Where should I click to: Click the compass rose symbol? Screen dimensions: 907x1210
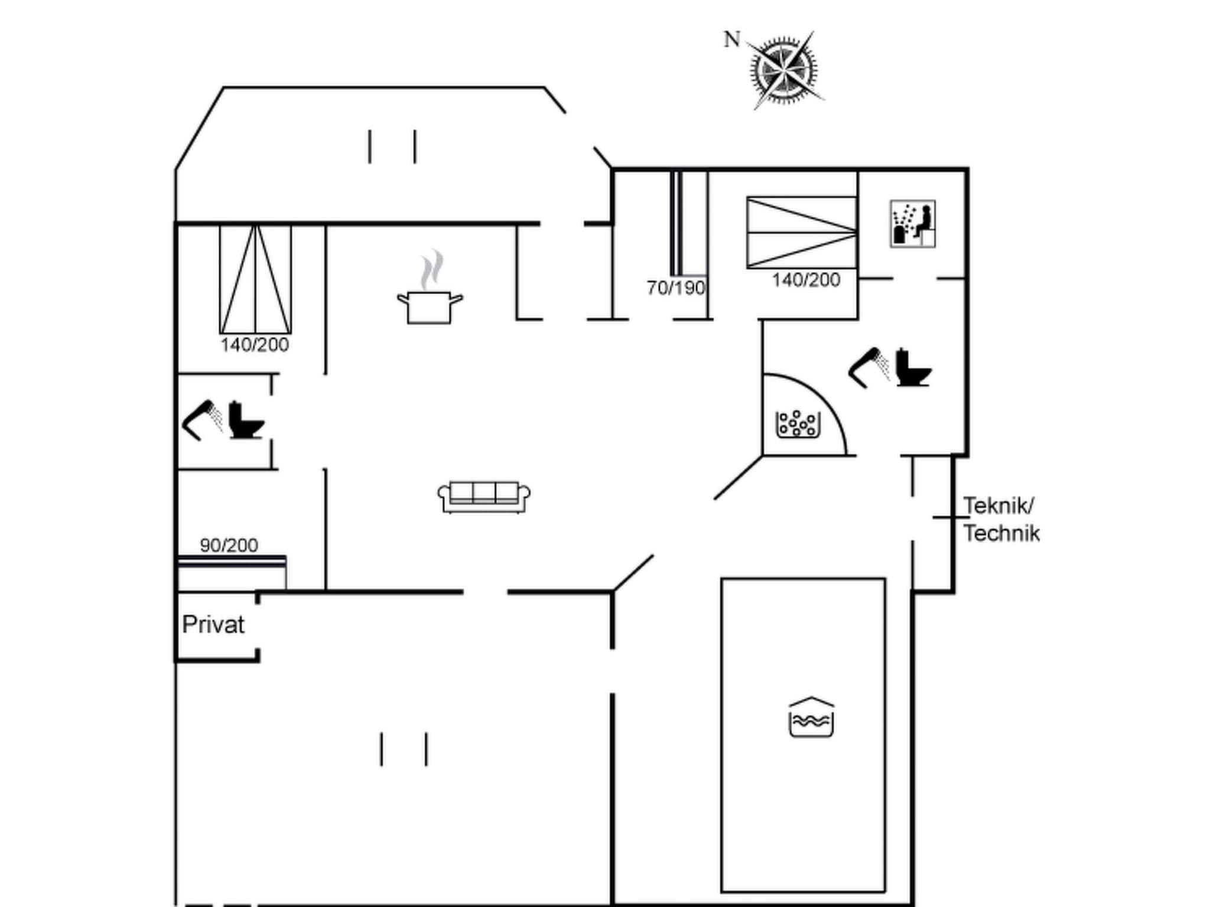click(x=784, y=71)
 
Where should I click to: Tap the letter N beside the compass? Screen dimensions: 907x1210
click(x=732, y=40)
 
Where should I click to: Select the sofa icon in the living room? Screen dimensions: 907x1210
click(x=484, y=496)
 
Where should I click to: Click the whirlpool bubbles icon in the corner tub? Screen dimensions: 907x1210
click(x=798, y=424)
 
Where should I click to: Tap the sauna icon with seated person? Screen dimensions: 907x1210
click(x=913, y=223)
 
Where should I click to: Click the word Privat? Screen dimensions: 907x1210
click(x=213, y=625)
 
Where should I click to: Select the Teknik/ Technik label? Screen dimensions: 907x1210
click(x=1001, y=520)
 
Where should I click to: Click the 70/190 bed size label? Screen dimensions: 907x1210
click(x=676, y=288)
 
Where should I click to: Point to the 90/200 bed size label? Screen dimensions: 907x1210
click(x=229, y=545)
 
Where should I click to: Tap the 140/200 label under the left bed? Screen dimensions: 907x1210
click(x=255, y=345)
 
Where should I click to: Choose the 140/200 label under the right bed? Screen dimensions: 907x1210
click(x=806, y=280)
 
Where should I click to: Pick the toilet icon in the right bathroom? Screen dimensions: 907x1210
click(x=912, y=368)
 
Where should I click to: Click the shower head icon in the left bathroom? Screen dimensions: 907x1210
click(x=202, y=419)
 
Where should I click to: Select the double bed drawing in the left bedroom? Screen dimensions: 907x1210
click(x=255, y=279)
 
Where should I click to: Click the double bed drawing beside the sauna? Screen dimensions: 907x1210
click(x=802, y=232)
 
